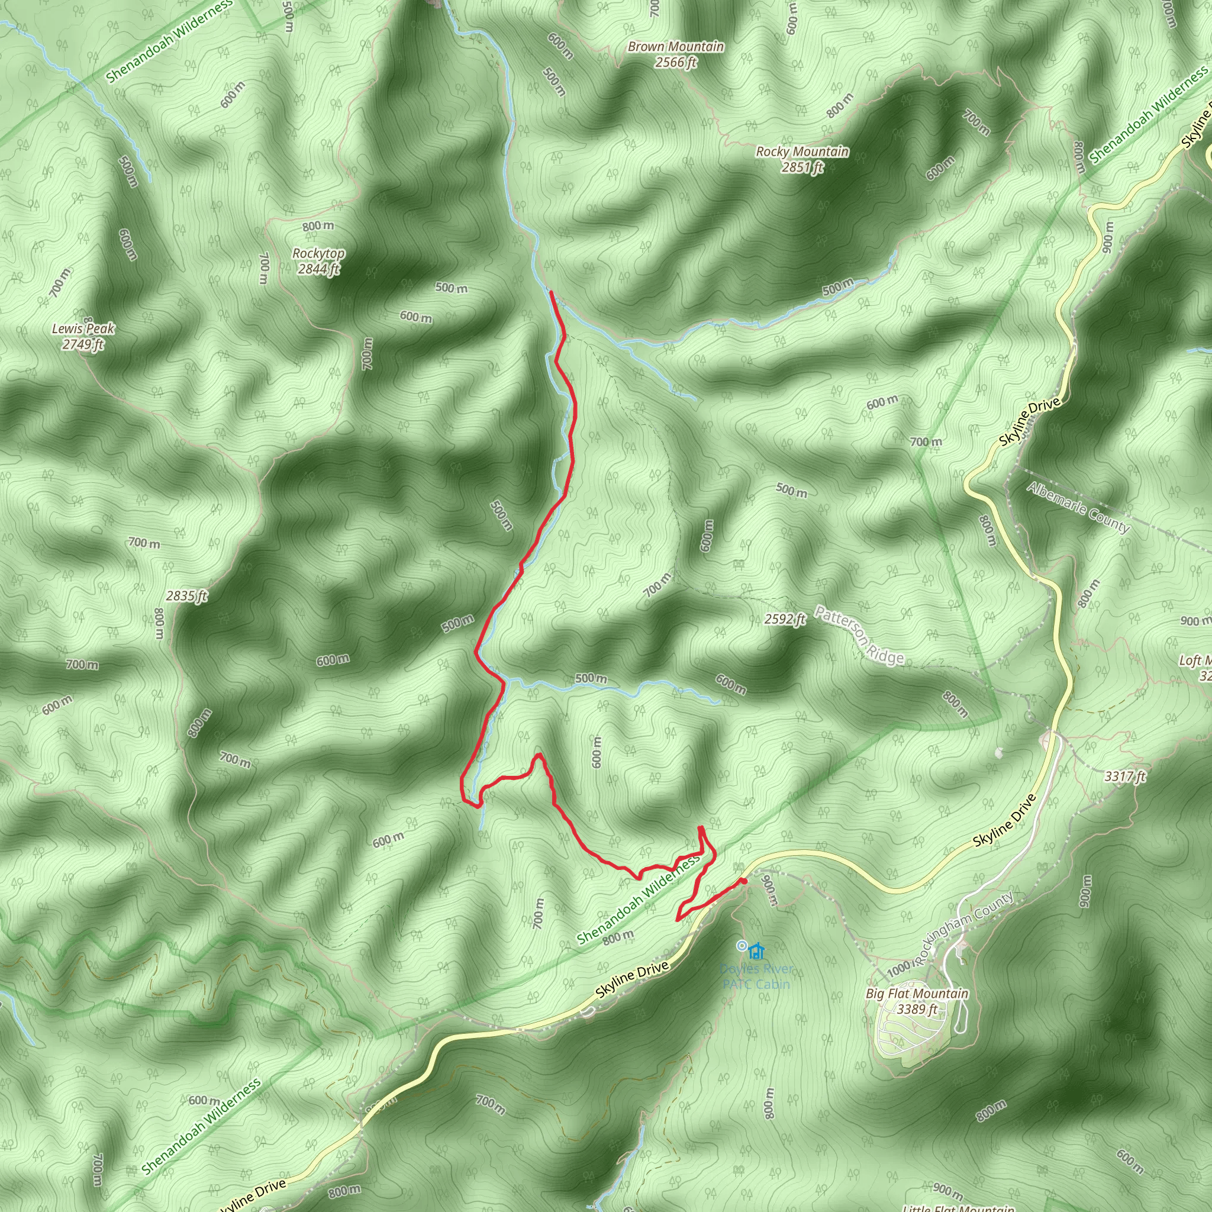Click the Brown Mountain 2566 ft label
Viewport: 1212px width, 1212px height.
[x=676, y=54]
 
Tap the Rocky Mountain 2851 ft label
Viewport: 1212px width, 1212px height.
[x=802, y=159]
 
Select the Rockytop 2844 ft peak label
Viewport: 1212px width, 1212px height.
[x=319, y=262]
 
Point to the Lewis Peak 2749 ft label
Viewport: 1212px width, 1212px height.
[x=83, y=336]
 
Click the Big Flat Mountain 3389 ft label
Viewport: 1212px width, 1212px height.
[x=917, y=1001]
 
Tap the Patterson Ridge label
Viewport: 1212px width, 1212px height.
[x=859, y=635]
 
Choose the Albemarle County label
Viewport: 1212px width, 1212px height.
[x=1078, y=508]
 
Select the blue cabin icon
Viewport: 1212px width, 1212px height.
[x=757, y=951]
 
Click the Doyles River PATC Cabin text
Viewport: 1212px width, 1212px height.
[x=756, y=976]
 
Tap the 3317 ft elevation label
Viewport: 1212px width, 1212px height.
[x=1125, y=776]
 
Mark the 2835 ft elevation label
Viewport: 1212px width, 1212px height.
[x=187, y=596]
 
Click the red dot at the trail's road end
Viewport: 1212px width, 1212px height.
[x=743, y=881]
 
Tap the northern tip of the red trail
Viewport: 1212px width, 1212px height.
[x=551, y=293]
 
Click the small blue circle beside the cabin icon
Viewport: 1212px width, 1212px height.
[x=742, y=945]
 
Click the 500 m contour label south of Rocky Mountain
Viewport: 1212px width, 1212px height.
[x=838, y=287]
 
